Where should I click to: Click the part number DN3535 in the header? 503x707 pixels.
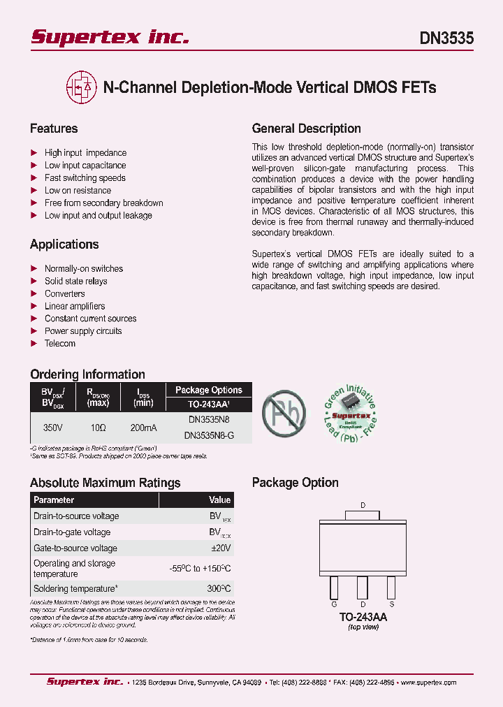tap(446, 38)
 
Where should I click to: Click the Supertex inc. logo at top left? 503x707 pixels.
tap(110, 37)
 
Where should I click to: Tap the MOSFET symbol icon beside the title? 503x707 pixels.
tap(81, 87)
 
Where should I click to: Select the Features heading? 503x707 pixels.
tap(54, 129)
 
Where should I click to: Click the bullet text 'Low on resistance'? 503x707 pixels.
tap(78, 190)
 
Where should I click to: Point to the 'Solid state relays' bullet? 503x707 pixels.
tap(75, 281)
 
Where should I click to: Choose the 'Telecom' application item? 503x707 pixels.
tap(60, 344)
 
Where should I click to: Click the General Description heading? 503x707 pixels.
tap(306, 129)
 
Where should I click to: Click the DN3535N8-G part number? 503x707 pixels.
tap(209, 435)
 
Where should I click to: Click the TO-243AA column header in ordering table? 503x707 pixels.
tap(209, 404)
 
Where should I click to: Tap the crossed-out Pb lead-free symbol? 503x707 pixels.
tap(284, 412)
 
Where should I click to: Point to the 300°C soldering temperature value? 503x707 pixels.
tap(219, 589)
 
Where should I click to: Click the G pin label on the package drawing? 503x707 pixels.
tap(334, 604)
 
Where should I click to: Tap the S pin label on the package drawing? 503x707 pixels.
tap(391, 604)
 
